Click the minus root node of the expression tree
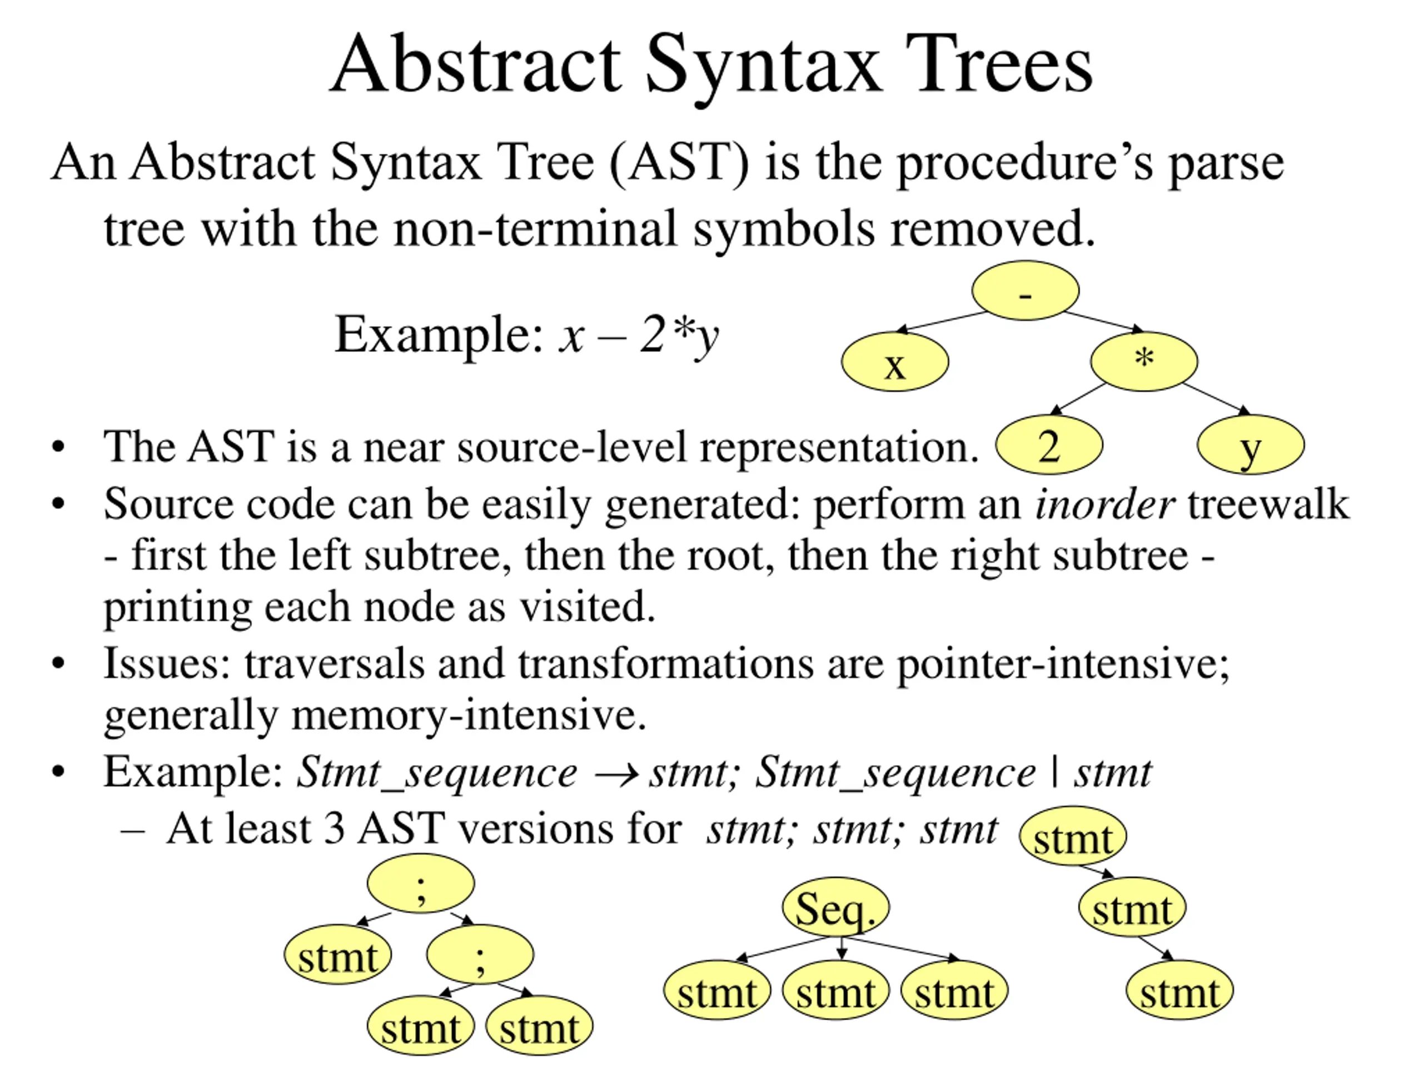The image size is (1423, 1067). point(1025,291)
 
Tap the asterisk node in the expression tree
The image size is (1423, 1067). point(1144,361)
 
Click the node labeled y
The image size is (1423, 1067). point(1251,445)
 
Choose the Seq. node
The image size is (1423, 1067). point(835,908)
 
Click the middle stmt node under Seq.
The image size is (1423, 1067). point(835,991)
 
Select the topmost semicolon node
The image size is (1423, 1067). point(421,884)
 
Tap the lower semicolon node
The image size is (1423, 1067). point(480,954)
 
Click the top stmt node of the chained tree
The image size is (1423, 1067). point(1072,836)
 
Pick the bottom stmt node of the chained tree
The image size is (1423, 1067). point(1180,991)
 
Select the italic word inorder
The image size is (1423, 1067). point(1104,504)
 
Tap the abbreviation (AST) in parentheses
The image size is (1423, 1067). point(679,163)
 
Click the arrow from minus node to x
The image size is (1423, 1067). point(941,322)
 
